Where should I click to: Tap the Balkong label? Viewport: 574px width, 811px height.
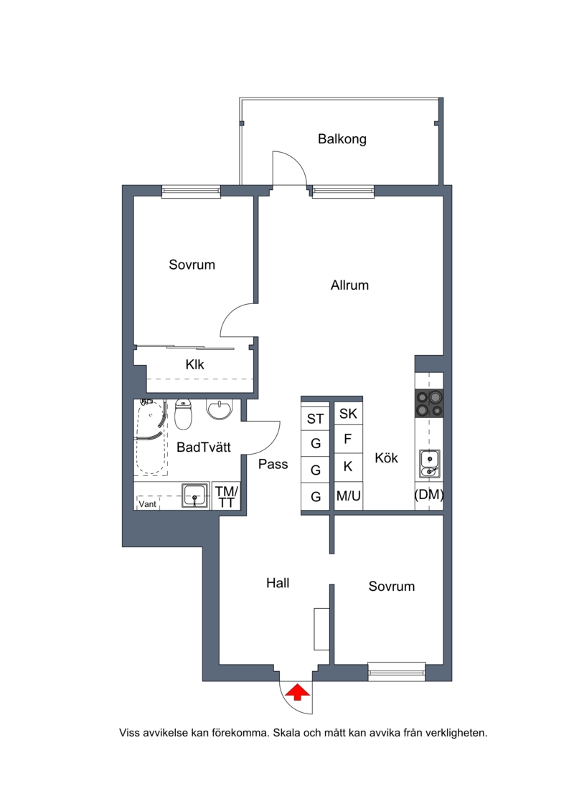(342, 139)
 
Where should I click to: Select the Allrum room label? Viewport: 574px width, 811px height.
(350, 285)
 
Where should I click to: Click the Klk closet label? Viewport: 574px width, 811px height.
(194, 365)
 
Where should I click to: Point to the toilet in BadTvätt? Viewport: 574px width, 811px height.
(183, 414)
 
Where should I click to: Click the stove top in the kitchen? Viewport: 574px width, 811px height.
(429, 404)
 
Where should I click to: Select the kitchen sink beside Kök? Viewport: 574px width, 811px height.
(429, 464)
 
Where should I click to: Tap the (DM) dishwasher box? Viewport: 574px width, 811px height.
(429, 495)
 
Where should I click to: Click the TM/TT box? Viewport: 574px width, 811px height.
(226, 496)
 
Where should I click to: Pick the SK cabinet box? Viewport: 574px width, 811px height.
(348, 413)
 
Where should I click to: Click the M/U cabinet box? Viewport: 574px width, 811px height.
(348, 496)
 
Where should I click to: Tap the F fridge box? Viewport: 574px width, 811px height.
(348, 439)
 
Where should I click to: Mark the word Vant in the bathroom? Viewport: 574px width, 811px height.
(148, 504)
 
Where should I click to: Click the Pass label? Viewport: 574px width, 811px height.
(273, 464)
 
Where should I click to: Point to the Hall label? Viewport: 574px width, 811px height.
(278, 583)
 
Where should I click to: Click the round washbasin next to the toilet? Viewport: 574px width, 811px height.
(220, 409)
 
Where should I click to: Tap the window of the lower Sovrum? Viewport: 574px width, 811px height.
(397, 671)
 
